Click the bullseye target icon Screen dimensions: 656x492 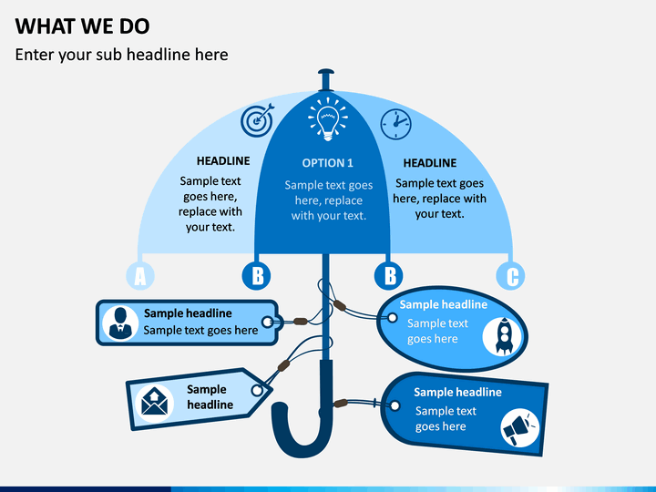(x=257, y=120)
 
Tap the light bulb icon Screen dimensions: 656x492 (x=328, y=118)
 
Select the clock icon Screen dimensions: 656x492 (x=395, y=124)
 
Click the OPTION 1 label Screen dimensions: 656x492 (x=328, y=163)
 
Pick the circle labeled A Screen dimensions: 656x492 (x=140, y=276)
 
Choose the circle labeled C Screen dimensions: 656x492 (x=510, y=276)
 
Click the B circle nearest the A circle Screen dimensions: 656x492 (x=256, y=276)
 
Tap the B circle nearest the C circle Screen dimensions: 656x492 (x=389, y=276)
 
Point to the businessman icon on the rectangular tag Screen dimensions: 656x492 (x=120, y=323)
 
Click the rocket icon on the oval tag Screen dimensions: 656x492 (x=502, y=336)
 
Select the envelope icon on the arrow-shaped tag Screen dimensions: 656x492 (x=154, y=404)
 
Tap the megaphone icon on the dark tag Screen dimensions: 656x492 (x=520, y=428)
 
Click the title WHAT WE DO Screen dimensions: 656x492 (x=82, y=26)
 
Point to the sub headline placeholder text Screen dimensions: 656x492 (x=122, y=55)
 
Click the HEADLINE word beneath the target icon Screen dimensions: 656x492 (x=223, y=160)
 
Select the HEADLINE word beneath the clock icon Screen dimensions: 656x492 (x=430, y=163)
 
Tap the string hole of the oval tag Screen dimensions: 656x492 (x=393, y=318)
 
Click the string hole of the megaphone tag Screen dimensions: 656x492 (x=395, y=405)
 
